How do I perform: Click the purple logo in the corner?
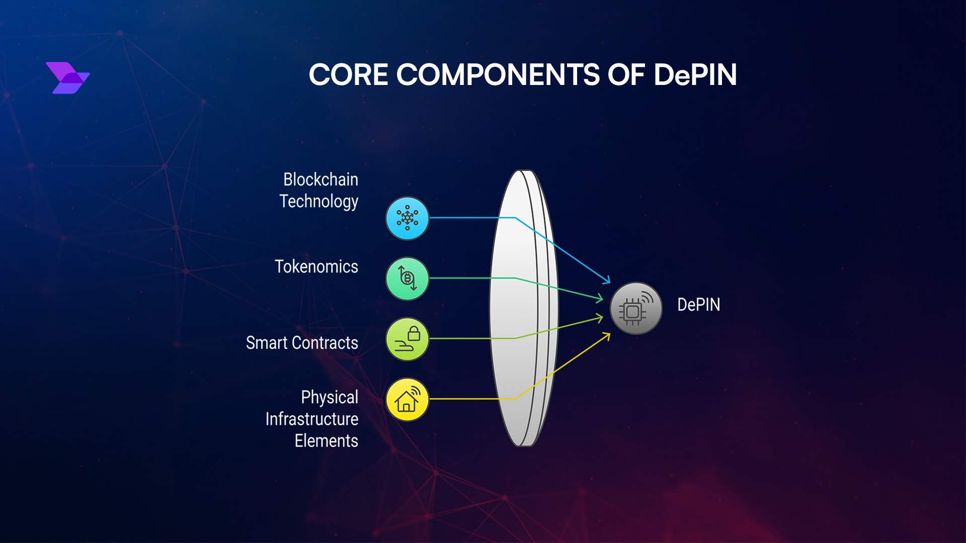coord(67,78)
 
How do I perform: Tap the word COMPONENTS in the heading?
coord(498,75)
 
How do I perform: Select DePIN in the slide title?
coord(695,75)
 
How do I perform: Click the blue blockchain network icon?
coord(407,218)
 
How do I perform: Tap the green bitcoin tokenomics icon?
coord(407,279)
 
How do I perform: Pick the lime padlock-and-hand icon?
coord(407,339)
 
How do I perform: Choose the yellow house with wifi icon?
coord(407,400)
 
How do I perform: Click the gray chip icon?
coord(636,308)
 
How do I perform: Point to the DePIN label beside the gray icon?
coord(698,305)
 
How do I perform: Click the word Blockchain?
coord(320,179)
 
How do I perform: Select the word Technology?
coord(318,202)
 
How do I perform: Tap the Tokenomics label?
coord(316,266)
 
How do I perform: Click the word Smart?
coord(267,343)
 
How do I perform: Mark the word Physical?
coord(330,397)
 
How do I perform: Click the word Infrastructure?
coord(311,419)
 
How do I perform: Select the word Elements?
coord(326,441)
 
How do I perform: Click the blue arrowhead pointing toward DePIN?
coord(607,280)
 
